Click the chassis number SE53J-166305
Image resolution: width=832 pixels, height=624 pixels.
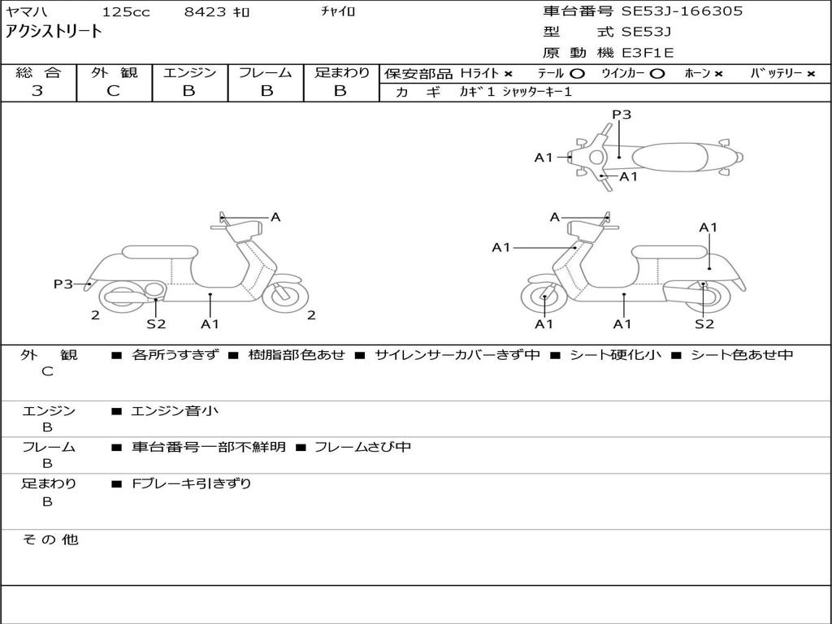click(x=682, y=11)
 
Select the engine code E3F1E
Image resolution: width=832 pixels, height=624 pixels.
click(x=648, y=54)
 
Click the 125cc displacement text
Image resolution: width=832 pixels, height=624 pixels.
click(x=126, y=12)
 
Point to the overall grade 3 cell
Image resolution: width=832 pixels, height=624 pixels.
click(x=37, y=91)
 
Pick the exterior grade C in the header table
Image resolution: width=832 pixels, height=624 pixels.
click(x=113, y=91)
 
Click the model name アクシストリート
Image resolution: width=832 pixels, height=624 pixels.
click(x=54, y=32)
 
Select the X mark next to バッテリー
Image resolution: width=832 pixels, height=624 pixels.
click(x=810, y=73)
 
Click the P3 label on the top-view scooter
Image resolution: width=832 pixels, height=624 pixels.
click(x=622, y=115)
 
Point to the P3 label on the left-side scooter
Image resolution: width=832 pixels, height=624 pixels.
click(x=63, y=284)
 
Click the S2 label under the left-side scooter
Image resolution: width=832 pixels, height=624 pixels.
click(x=156, y=324)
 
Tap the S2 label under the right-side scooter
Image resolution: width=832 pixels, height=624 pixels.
click(x=704, y=324)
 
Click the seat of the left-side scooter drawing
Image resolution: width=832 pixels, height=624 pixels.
click(x=159, y=252)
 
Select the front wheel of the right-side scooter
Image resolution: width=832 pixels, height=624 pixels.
click(x=544, y=298)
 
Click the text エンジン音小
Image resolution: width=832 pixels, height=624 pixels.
click(x=175, y=411)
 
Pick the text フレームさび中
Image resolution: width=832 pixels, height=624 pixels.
click(x=362, y=447)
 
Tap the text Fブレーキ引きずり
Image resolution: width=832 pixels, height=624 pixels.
click(x=192, y=483)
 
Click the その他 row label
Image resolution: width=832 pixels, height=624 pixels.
click(x=50, y=539)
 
